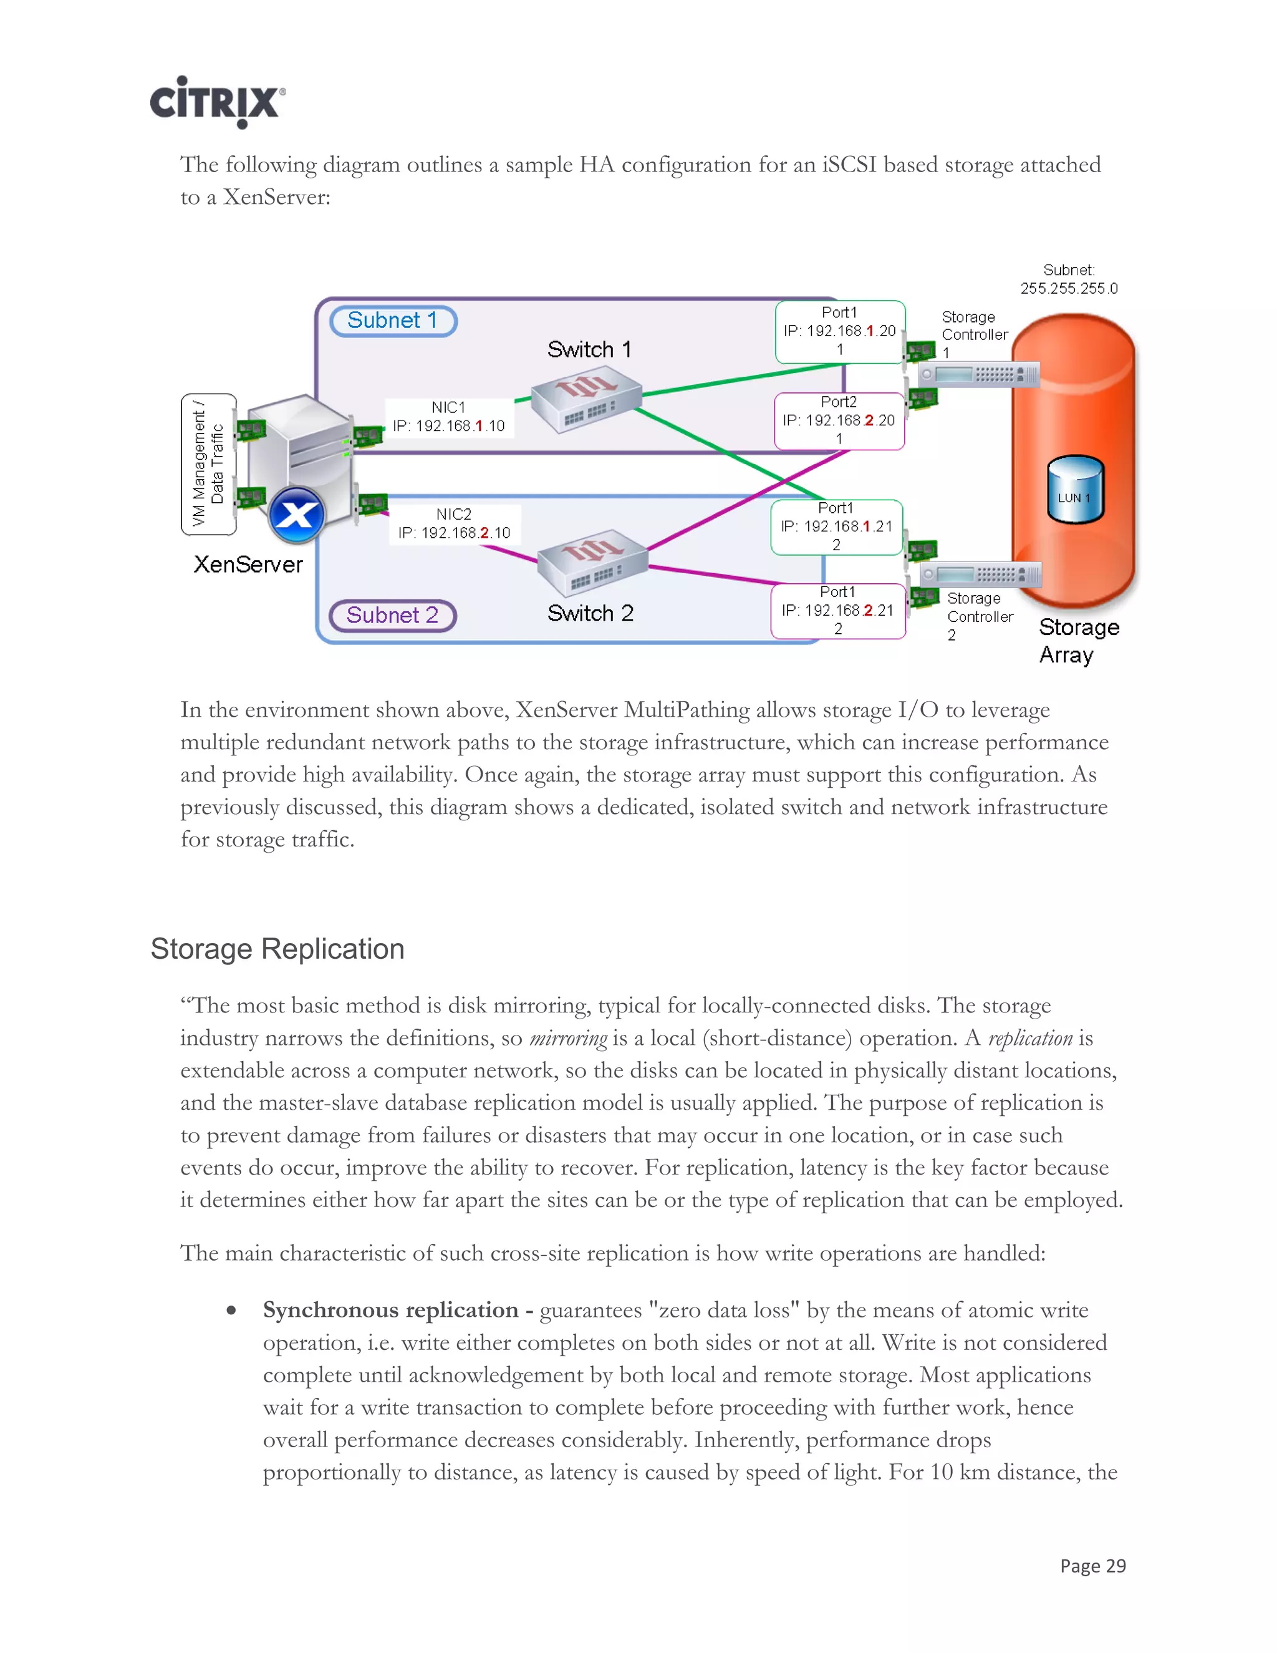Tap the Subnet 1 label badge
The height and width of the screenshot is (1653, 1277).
coord(393,321)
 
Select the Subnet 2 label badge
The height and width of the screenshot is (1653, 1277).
coord(393,615)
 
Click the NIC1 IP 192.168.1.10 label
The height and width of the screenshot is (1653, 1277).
coord(448,418)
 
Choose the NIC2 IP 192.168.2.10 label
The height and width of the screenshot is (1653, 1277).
coord(454,524)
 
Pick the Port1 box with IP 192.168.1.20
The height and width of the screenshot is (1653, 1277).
coord(840,331)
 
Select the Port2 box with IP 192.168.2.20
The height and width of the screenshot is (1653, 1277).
coord(839,421)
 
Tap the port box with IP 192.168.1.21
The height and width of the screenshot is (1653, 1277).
coord(837,527)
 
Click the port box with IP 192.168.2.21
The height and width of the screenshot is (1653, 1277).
coord(838,611)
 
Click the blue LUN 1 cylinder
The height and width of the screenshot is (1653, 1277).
coord(1075,490)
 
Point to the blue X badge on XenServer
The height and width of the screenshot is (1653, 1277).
coord(297,515)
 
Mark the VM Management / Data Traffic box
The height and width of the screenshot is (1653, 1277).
coord(208,464)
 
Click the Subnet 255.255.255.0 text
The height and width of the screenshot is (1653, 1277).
coord(1068,279)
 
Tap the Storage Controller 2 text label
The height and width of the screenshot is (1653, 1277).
coord(979,616)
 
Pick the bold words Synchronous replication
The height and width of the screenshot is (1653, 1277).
coord(390,1310)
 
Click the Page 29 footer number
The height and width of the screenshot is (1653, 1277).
coord(1092,1566)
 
